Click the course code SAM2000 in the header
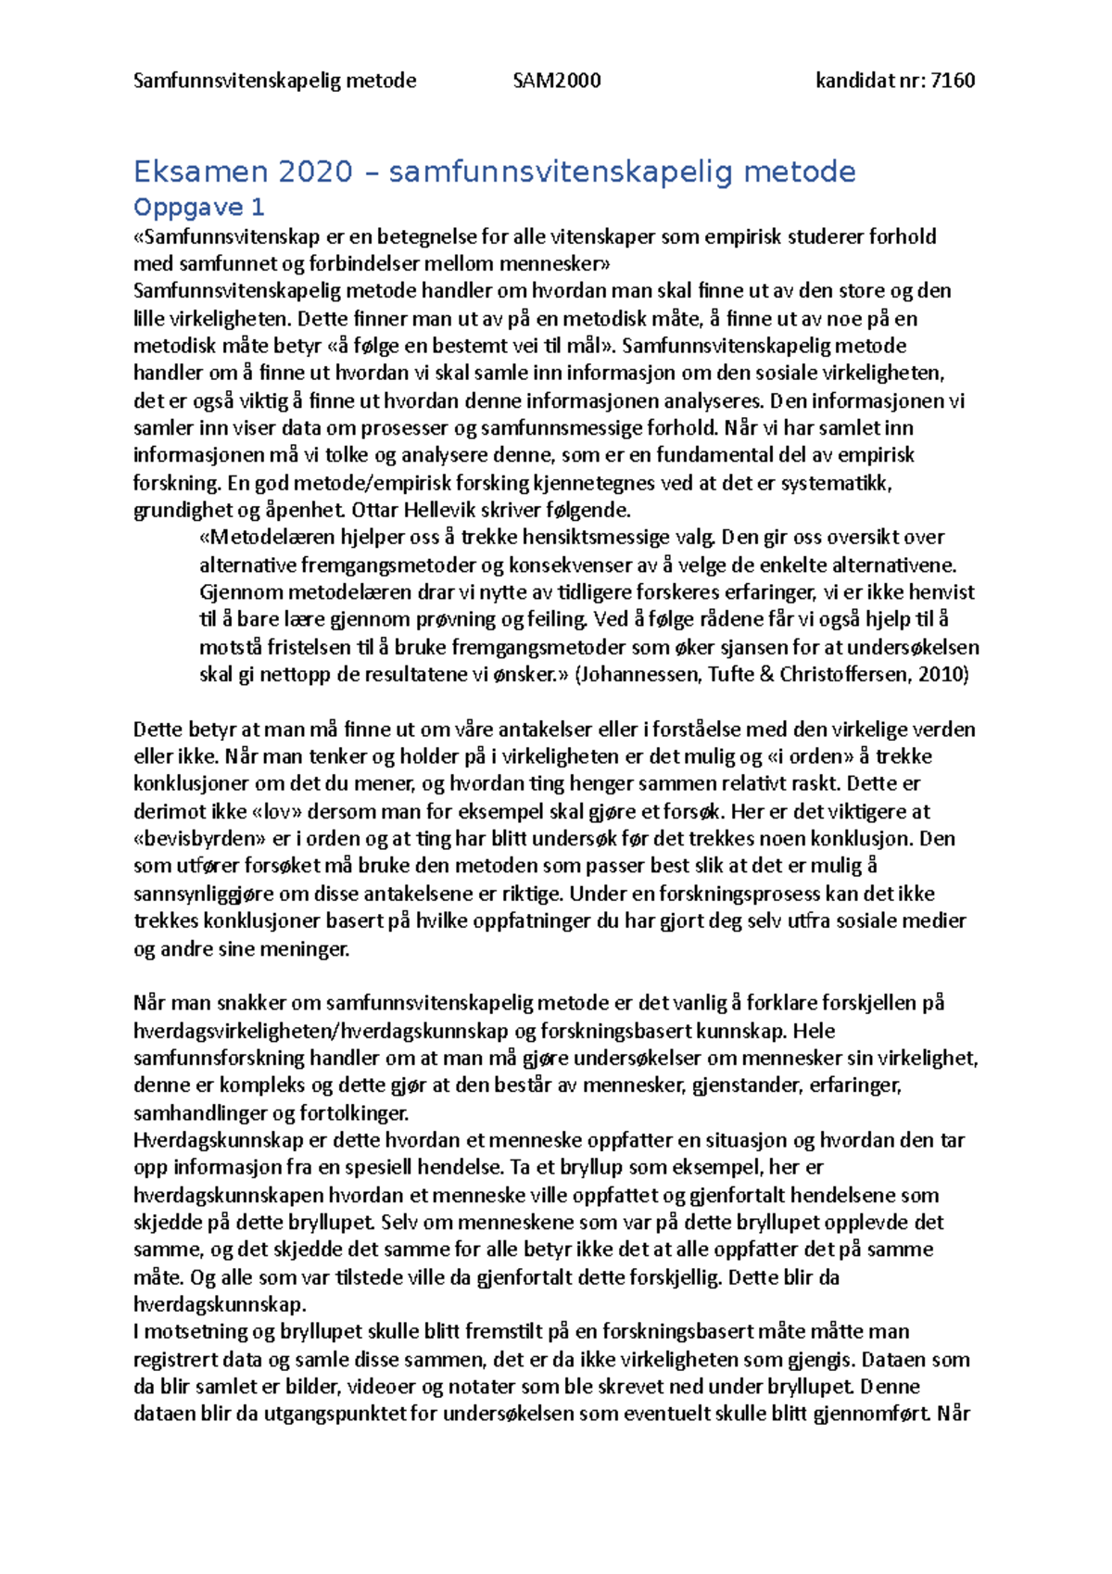(557, 81)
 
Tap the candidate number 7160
(953, 81)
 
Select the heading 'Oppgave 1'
(199, 207)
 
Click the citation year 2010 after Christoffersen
(941, 674)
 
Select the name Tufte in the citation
(731, 674)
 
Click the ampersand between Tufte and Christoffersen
(766, 674)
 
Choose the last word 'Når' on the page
(954, 1414)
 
